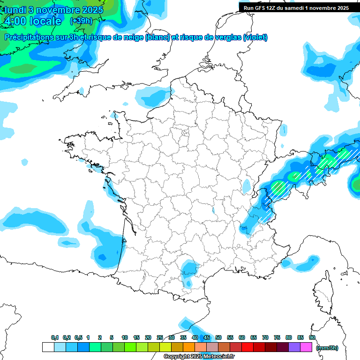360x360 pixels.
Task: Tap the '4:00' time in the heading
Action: click(x=15, y=21)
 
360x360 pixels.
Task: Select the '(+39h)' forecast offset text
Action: click(x=81, y=21)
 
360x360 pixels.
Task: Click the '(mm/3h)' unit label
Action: click(x=327, y=347)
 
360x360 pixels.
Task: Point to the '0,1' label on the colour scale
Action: click(x=55, y=337)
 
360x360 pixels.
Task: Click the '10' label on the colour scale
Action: click(x=125, y=337)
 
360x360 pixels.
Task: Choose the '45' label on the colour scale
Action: click(x=207, y=337)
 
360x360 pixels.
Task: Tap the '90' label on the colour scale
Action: click(x=312, y=337)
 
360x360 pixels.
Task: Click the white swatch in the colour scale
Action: click(x=48, y=347)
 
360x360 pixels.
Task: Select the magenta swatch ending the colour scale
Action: click(x=306, y=347)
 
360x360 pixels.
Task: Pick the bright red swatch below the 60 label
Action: click(x=247, y=347)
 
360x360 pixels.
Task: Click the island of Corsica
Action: click(x=324, y=290)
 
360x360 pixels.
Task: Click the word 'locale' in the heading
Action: click(x=45, y=21)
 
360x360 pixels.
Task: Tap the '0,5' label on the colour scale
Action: click(x=78, y=337)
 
